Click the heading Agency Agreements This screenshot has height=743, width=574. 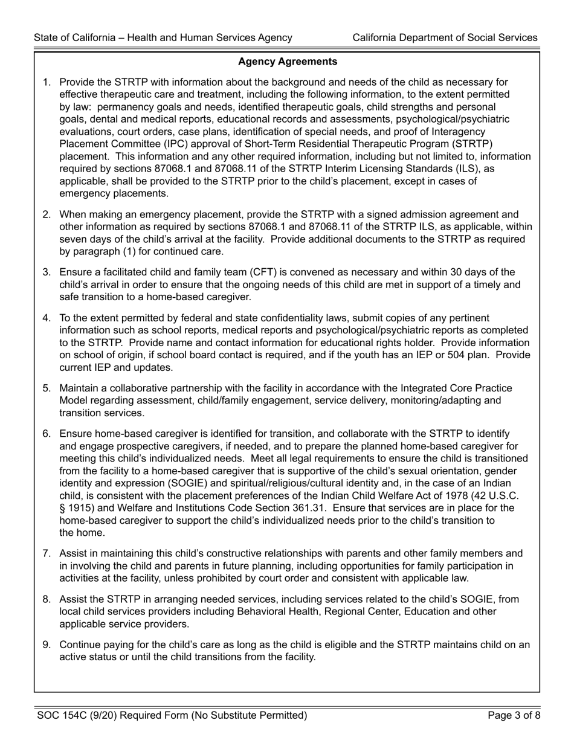[x=288, y=62]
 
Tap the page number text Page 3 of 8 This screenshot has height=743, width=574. [x=512, y=716]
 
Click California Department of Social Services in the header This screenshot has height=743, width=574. [x=445, y=37]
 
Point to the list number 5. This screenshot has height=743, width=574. [x=47, y=387]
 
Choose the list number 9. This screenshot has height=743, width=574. [x=47, y=645]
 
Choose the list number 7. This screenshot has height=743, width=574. [x=47, y=553]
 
